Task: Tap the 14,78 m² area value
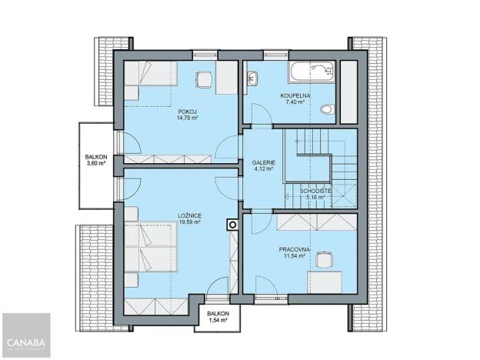click(182, 118)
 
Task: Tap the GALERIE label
click(264, 163)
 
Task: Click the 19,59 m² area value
click(189, 222)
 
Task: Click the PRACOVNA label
click(295, 250)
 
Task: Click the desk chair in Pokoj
click(204, 77)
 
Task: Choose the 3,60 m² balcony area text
click(96, 163)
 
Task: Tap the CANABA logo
click(25, 341)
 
